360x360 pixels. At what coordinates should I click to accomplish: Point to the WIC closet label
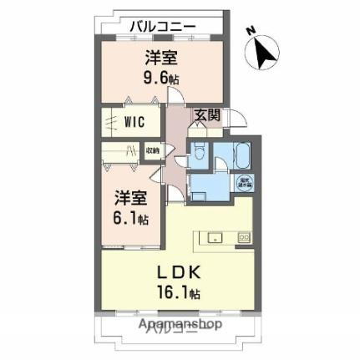(x=134, y=121)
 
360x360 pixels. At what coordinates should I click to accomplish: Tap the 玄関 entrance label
(x=207, y=116)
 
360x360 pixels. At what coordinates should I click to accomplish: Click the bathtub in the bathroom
(x=241, y=155)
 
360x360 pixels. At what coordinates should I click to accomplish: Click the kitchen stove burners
(x=243, y=238)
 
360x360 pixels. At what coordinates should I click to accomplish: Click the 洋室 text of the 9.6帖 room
(x=160, y=59)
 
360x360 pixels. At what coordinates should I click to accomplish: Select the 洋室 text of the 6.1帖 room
(x=131, y=200)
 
